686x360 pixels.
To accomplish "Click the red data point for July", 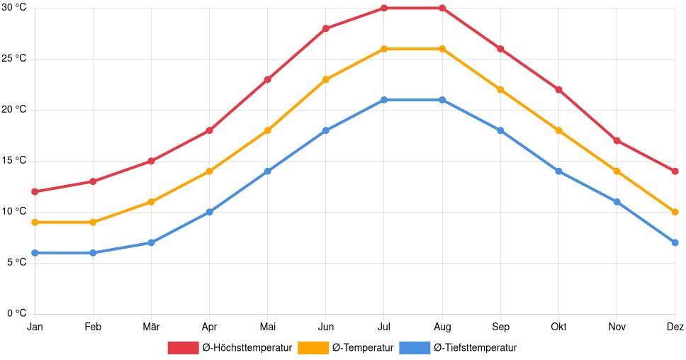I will [384, 9].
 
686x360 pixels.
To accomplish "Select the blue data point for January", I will [35, 253].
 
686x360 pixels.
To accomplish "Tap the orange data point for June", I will [326, 79].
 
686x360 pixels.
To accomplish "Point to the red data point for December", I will [675, 171].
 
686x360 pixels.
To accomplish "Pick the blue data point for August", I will [442, 100].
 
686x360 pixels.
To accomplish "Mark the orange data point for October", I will [558, 130].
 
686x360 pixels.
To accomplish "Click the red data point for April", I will [209, 130].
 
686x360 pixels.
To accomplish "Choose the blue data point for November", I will [617, 202].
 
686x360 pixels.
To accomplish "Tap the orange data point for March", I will [151, 202].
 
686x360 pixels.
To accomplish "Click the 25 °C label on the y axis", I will [14, 59].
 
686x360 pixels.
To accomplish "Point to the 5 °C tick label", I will [16, 262].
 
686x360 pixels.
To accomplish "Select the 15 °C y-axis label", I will [14, 161].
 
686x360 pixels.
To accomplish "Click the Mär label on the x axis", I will [151, 327].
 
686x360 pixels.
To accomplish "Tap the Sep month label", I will [500, 327].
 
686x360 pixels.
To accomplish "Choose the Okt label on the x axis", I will [558, 327].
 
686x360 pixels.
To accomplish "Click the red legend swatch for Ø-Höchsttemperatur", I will [183, 348].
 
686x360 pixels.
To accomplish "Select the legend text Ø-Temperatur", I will [363, 348].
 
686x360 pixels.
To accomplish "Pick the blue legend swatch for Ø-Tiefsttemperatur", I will [415, 348].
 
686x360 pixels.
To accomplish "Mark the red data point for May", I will [268, 79].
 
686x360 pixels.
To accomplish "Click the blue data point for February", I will [93, 253].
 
